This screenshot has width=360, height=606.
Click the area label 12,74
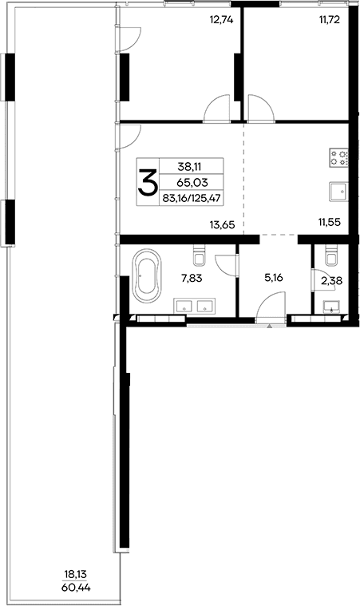[x=220, y=21]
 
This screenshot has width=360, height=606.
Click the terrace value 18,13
[x=77, y=573]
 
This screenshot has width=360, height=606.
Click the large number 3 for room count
[x=148, y=183]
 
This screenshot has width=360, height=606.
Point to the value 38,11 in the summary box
[x=190, y=167]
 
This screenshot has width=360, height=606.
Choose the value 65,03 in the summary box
[x=190, y=183]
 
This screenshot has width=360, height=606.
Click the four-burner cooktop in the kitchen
[x=338, y=158]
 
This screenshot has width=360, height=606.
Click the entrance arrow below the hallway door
[x=270, y=326]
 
